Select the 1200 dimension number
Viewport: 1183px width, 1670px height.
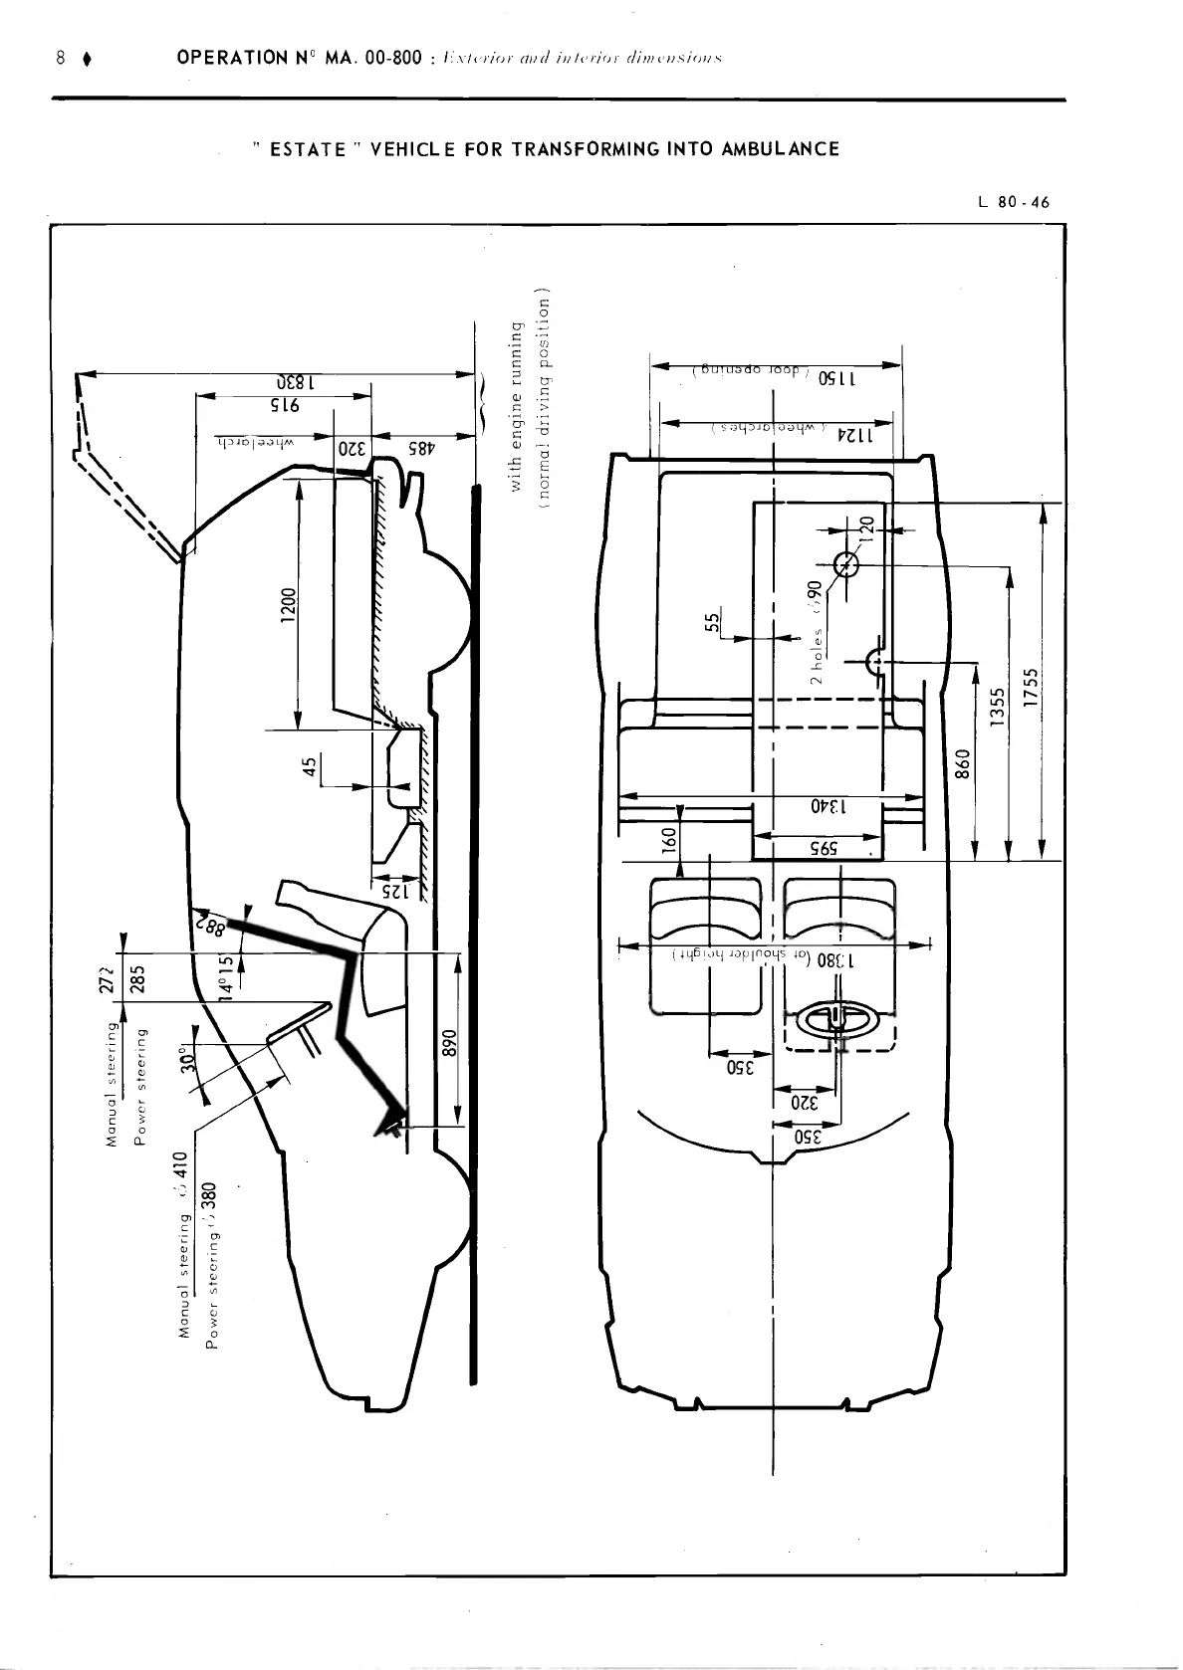(x=288, y=604)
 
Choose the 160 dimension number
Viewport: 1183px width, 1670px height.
(x=670, y=840)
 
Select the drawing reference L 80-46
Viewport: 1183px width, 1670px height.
(x=1014, y=203)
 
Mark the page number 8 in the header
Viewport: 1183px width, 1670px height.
(x=61, y=58)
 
